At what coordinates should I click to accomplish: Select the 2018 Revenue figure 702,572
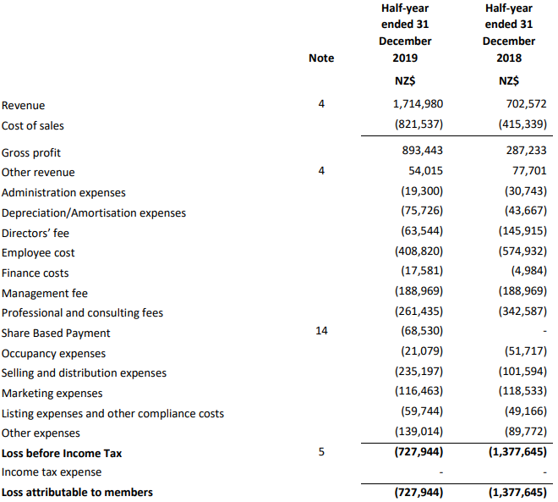524,105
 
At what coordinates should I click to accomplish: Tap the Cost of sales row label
33,126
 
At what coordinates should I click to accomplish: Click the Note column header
321,58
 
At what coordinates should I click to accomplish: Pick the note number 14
321,331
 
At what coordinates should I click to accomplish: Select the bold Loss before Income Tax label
62,453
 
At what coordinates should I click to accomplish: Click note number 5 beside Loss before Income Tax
321,452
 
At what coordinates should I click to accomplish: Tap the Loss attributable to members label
78,492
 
